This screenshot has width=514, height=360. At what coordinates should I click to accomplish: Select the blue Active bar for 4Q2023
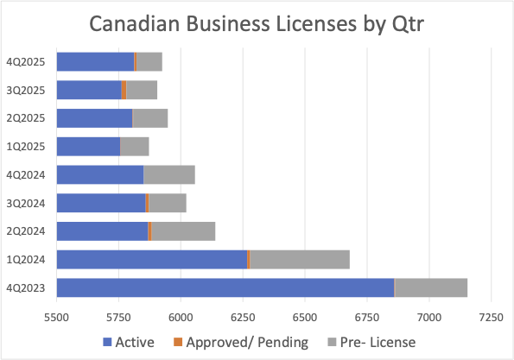click(x=225, y=287)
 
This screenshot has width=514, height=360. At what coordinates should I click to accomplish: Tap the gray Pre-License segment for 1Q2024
click(x=299, y=259)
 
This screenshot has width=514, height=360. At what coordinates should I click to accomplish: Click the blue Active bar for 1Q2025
click(x=88, y=147)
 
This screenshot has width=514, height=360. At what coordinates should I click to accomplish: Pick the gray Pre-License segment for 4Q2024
click(x=168, y=174)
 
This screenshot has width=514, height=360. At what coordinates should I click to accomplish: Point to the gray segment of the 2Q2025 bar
click(x=149, y=118)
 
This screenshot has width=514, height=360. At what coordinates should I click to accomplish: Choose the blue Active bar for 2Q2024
click(x=102, y=231)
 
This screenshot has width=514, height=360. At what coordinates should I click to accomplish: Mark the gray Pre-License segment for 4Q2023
click(x=430, y=287)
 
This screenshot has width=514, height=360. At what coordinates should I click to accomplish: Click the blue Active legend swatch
click(x=108, y=341)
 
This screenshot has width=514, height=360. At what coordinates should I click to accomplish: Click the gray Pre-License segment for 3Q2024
click(x=167, y=203)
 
